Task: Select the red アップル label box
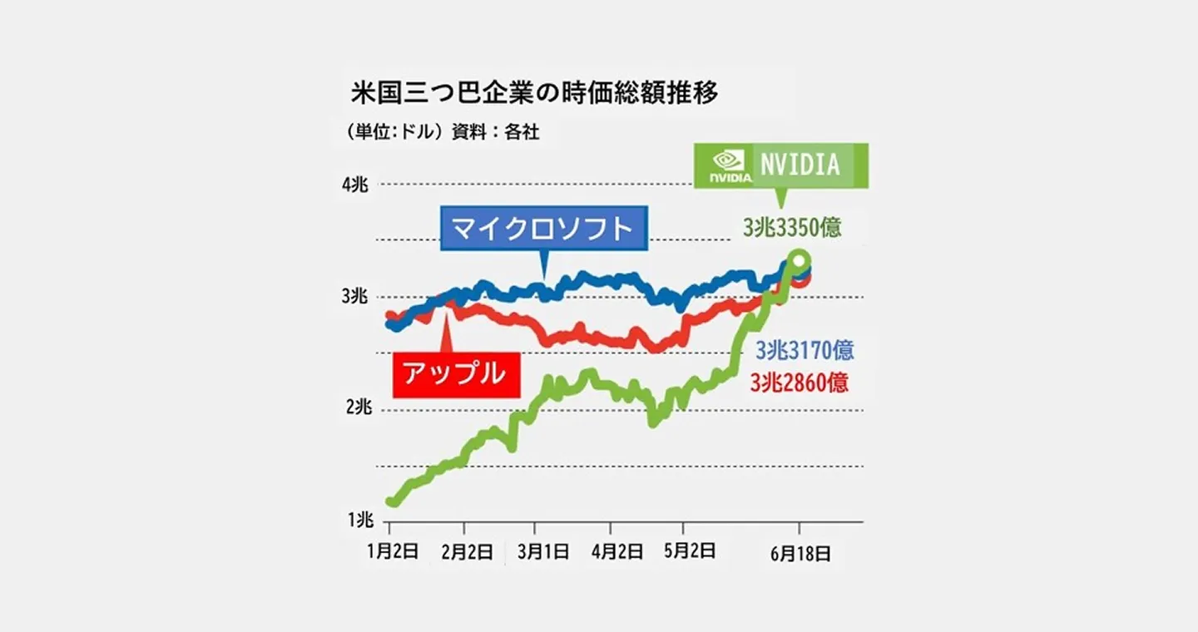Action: click(x=454, y=374)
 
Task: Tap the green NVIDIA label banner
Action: click(x=781, y=164)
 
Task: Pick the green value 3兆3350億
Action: click(x=792, y=227)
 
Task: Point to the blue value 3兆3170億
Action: click(x=804, y=350)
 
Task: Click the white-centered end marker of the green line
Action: click(x=799, y=261)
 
